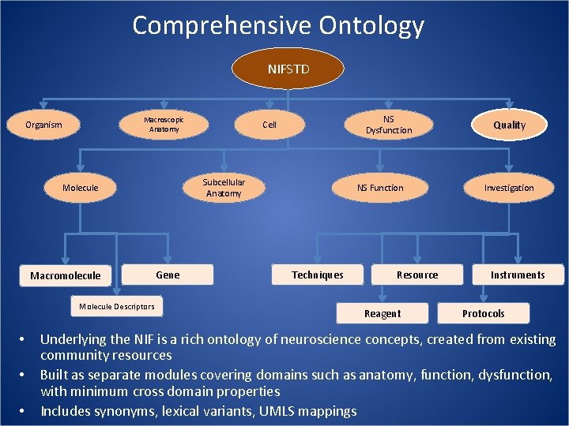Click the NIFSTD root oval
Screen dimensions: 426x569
point(288,69)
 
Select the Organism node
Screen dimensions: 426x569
point(43,125)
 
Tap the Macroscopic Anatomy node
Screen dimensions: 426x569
point(164,125)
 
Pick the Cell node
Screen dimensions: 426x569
point(269,125)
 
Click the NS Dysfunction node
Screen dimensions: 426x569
point(388,125)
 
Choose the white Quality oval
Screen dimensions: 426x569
point(509,125)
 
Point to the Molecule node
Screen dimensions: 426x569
point(80,188)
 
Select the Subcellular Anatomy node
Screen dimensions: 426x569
point(224,188)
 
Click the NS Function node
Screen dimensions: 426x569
point(379,188)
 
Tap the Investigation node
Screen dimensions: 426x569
point(509,188)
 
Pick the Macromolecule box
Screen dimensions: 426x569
point(65,275)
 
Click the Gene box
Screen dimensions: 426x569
point(168,275)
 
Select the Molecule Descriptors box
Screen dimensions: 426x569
point(116,306)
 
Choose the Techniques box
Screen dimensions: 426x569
point(317,275)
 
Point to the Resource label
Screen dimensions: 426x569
point(416,275)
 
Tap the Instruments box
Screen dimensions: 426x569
point(518,275)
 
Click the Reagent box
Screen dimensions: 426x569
point(382,313)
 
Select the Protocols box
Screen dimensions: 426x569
point(483,313)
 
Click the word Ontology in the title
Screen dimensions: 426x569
point(371,26)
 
